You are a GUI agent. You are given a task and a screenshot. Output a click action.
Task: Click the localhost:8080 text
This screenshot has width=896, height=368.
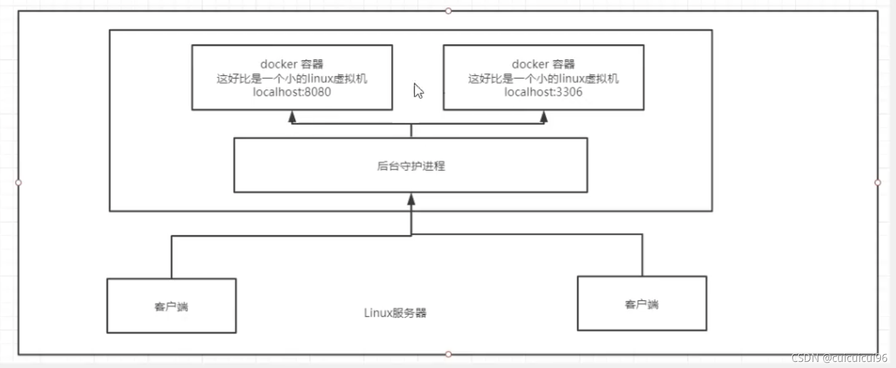pos(291,92)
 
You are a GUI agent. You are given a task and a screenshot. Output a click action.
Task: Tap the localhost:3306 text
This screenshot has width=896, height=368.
pos(543,92)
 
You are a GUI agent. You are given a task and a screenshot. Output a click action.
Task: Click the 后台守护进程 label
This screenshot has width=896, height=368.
pos(411,166)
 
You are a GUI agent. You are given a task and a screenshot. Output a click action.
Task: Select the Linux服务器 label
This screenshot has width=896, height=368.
pos(395,313)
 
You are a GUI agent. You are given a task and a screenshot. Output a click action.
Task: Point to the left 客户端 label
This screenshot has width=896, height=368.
pos(171,307)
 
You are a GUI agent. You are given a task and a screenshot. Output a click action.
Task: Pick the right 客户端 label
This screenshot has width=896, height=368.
pos(641,304)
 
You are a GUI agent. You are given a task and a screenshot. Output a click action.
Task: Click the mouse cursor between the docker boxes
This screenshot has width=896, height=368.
pos(418,91)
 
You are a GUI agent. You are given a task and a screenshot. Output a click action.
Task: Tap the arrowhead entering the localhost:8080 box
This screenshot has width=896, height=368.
pos(292,117)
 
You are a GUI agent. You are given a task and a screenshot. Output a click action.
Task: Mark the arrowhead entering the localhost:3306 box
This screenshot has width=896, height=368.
pos(544,117)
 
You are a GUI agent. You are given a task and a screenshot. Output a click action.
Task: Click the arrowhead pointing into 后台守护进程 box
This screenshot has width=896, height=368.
pos(411,199)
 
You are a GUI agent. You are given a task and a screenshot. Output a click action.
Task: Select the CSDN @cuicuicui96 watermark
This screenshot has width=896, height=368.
pos(839,358)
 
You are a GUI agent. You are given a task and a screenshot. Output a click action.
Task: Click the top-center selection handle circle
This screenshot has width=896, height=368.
pos(449,11)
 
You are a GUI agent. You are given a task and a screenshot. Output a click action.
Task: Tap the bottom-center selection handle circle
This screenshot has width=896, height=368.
pos(449,354)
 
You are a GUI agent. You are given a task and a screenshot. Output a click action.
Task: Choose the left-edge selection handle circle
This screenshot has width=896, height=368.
pos(18,182)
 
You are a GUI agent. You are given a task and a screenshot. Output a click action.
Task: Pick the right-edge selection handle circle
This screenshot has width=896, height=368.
pos(878,182)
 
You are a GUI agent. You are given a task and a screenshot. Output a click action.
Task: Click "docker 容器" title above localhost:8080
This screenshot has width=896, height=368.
pos(291,64)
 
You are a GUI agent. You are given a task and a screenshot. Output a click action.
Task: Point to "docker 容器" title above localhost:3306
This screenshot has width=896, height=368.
pos(543,64)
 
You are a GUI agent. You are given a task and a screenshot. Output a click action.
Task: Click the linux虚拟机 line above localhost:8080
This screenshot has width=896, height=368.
pos(291,79)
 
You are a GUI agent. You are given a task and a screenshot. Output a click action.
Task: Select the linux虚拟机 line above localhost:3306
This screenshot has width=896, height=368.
pos(543,79)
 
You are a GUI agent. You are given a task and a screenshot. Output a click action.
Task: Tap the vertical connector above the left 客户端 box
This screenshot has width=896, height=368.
pos(172,257)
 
